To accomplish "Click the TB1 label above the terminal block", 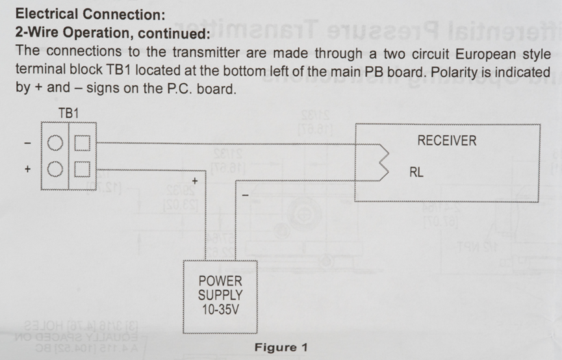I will point(68,112).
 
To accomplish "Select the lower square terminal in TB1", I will point(82,170).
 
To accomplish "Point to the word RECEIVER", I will point(446,140).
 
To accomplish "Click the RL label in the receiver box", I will point(416,173).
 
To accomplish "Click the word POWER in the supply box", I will point(220,281).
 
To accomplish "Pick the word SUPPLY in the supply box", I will point(220,295).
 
